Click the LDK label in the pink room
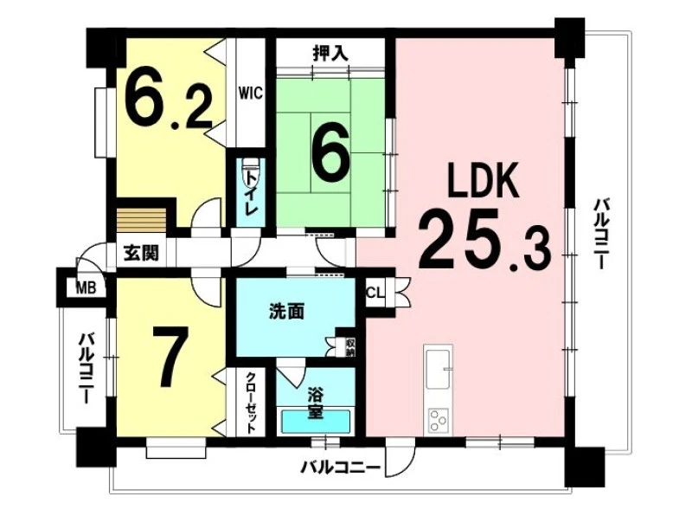(x=484, y=180)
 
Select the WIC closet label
(x=251, y=94)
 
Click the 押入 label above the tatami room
(x=330, y=54)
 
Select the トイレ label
(x=251, y=191)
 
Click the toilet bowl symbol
(x=250, y=173)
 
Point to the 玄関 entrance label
(x=141, y=253)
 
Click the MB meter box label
(x=86, y=288)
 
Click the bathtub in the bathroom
(x=316, y=422)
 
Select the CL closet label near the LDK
(x=375, y=292)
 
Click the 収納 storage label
(x=350, y=347)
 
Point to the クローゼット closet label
(x=251, y=402)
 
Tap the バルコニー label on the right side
(x=601, y=234)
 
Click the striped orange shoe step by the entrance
(x=141, y=221)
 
